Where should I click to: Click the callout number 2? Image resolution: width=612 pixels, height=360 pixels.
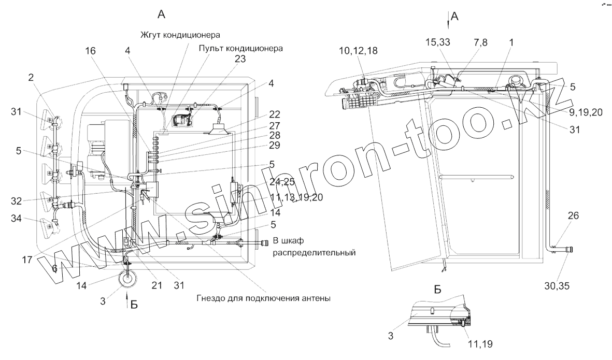pos(31,78)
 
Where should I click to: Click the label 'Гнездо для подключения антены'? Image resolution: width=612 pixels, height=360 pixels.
pos(263,298)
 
